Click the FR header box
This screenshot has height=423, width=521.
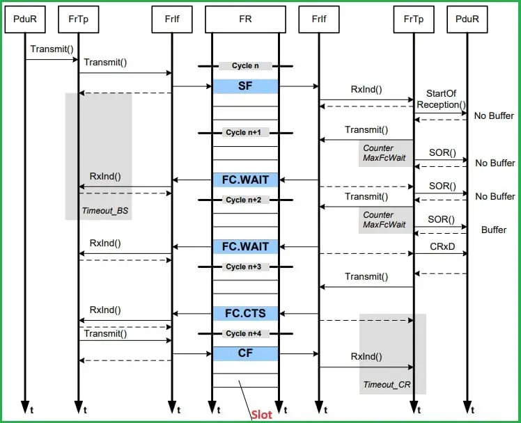coord(245,19)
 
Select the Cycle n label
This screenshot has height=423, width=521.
coord(245,66)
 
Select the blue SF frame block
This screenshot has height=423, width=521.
coord(245,86)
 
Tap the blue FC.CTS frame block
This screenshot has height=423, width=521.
coord(245,314)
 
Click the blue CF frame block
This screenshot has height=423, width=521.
coord(245,353)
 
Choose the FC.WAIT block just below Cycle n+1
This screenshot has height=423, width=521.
coord(245,180)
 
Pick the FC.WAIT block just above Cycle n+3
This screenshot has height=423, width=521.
coord(245,246)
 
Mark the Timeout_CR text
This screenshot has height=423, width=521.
coord(382,385)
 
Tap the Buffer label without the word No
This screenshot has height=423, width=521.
coord(494,230)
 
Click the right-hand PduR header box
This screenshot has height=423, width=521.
coord(467,19)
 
